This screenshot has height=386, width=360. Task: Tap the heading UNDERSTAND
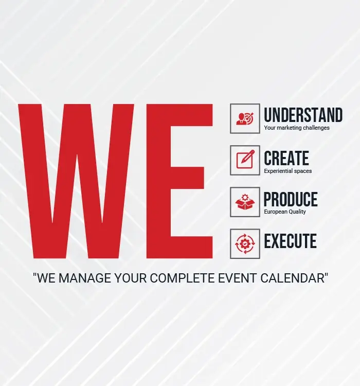tap(303, 115)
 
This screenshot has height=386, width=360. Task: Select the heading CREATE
tap(286, 158)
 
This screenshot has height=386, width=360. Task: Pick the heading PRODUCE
tap(291, 199)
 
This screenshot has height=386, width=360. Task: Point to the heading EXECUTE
tap(290, 241)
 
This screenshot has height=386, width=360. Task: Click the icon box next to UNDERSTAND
tap(245, 118)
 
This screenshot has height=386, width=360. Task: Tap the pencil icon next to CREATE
tap(245, 160)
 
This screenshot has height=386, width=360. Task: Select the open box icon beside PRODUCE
tap(245, 202)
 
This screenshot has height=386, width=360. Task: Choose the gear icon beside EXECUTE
tap(245, 244)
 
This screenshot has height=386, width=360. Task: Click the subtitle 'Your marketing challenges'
tap(297, 128)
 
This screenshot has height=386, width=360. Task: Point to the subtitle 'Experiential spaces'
tap(287, 171)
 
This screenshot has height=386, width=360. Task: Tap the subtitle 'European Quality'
tap(285, 212)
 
